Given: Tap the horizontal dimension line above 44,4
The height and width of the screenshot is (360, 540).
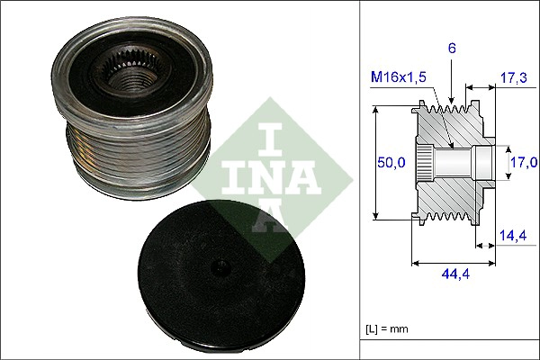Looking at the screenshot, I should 453,264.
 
